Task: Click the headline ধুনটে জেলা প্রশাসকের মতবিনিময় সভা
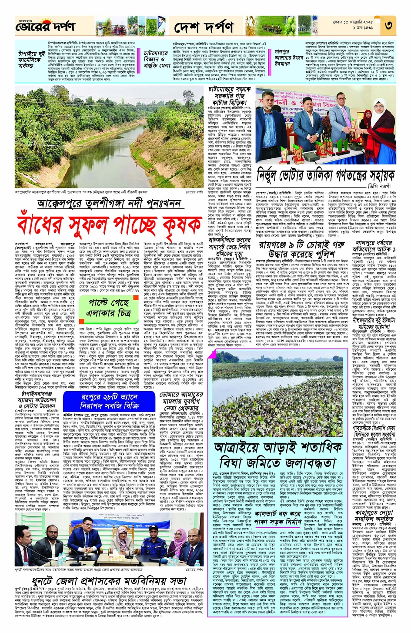pyautogui.click(x=109, y=581)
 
